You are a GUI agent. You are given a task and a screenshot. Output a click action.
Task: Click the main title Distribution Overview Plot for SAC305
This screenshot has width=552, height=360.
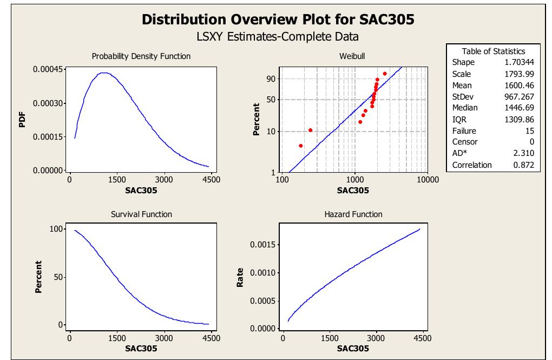click(x=278, y=19)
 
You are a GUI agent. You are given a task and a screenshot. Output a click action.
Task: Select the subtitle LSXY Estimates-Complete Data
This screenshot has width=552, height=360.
click(x=278, y=37)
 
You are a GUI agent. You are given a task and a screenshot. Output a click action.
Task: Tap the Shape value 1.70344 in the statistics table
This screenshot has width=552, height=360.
click(x=518, y=62)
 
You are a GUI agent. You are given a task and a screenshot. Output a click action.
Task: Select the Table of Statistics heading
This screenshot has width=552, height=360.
click(x=493, y=51)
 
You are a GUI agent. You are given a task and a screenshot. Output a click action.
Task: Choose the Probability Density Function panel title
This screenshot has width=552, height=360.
click(x=141, y=56)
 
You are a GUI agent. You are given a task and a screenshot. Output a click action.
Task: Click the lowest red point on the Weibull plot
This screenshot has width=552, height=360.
click(x=301, y=146)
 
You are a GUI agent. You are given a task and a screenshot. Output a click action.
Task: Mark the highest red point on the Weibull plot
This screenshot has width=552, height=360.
click(x=385, y=74)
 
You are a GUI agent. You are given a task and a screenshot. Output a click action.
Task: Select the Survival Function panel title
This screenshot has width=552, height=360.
click(x=141, y=214)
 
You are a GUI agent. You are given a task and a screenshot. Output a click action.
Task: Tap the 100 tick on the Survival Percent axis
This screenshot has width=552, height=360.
click(x=56, y=229)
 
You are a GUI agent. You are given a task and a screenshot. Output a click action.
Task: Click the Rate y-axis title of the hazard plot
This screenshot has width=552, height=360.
click(x=240, y=278)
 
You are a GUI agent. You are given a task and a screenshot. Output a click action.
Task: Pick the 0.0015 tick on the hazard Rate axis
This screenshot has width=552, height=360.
click(x=264, y=245)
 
